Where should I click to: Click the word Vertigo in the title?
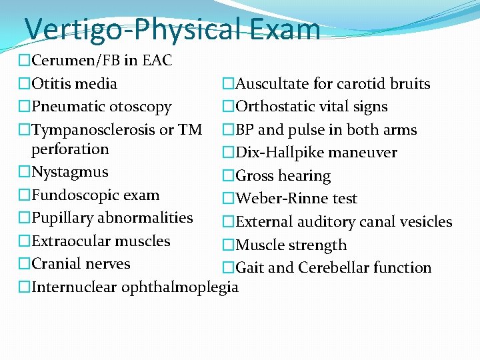point(73,30)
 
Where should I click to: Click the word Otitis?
point(51,84)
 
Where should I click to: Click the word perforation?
point(70,149)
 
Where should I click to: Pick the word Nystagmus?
point(69,172)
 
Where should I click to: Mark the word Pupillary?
point(63,218)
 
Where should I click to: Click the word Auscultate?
point(272,84)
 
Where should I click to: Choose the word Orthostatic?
point(274,107)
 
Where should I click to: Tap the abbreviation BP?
point(245,130)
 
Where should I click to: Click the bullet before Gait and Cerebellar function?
point(228,268)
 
